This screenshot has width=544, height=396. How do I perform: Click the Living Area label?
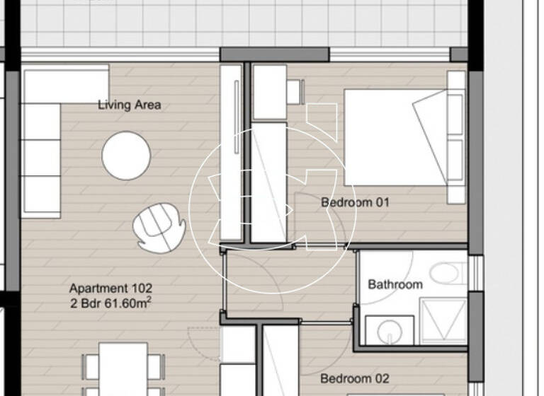point(129,105)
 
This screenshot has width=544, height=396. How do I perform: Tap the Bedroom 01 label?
point(355,202)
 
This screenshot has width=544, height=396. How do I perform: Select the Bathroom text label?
point(395,284)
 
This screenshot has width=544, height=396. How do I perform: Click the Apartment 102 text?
point(110,289)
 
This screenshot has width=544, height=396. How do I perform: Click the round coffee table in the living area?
point(126,156)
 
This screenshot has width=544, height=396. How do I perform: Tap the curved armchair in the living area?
point(159,226)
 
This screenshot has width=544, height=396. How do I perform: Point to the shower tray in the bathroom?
point(442,321)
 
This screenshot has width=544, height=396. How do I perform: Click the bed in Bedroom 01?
point(397,137)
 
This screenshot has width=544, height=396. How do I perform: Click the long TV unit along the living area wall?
point(231,152)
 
